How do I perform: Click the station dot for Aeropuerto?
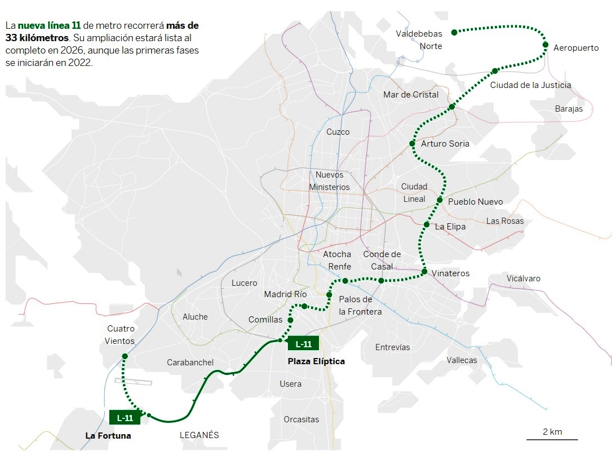(x=546, y=45)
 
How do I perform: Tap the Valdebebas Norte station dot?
(x=454, y=32)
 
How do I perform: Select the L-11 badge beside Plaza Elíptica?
(x=303, y=343)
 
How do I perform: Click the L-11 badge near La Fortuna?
(x=125, y=418)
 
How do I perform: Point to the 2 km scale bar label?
(x=552, y=432)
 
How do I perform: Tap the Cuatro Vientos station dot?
(x=125, y=356)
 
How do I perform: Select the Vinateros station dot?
(x=424, y=272)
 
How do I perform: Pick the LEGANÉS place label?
(x=199, y=435)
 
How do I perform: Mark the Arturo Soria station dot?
(x=412, y=144)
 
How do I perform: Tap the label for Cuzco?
(x=338, y=132)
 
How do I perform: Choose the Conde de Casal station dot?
(x=381, y=280)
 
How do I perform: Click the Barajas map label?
(x=569, y=109)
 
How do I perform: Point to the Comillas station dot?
(x=290, y=320)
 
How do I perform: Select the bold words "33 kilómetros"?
(x=37, y=38)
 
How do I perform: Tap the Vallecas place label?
(x=462, y=360)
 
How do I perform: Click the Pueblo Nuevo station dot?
(x=440, y=200)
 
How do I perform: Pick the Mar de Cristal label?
(x=410, y=95)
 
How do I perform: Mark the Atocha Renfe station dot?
(x=345, y=280)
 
